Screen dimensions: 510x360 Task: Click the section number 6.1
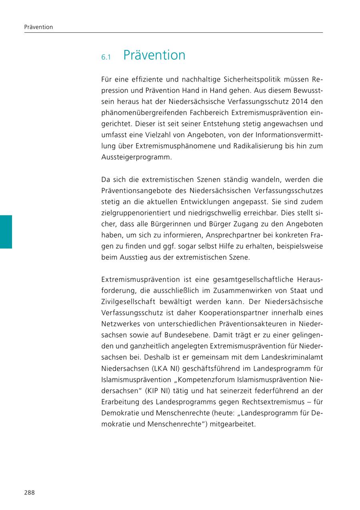click(106, 58)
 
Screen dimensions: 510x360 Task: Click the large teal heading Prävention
click(154, 55)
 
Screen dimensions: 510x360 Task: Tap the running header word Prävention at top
click(38, 27)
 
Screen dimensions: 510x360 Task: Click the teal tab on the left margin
click(6, 232)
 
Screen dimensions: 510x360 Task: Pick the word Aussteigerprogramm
click(136, 157)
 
